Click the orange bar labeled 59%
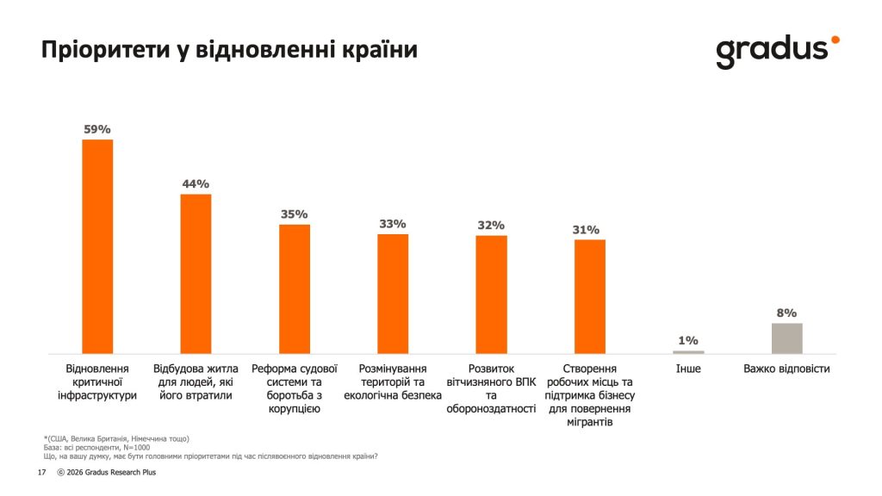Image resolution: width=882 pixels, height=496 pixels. [97, 246]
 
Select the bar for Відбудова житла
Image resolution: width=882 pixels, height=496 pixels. [196, 274]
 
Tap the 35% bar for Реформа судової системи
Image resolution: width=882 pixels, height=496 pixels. [295, 288]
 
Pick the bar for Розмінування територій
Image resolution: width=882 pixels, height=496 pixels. [393, 293]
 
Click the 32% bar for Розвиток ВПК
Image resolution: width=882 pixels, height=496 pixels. [491, 294]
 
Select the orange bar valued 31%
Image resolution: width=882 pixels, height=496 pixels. [590, 296]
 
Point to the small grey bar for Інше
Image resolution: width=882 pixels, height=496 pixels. [688, 351]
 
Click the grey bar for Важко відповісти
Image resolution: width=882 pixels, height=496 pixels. [786, 338]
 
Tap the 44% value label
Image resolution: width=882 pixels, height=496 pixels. [196, 184]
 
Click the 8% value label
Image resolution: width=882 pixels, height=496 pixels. [786, 313]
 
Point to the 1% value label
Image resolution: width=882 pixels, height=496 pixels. [688, 341]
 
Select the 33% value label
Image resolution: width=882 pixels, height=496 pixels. [393, 224]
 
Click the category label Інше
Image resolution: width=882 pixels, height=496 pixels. [688, 369]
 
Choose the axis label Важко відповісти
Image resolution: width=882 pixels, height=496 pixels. [786, 369]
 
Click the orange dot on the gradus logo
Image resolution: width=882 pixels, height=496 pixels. [835, 40]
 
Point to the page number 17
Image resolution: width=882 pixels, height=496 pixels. [41, 473]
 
